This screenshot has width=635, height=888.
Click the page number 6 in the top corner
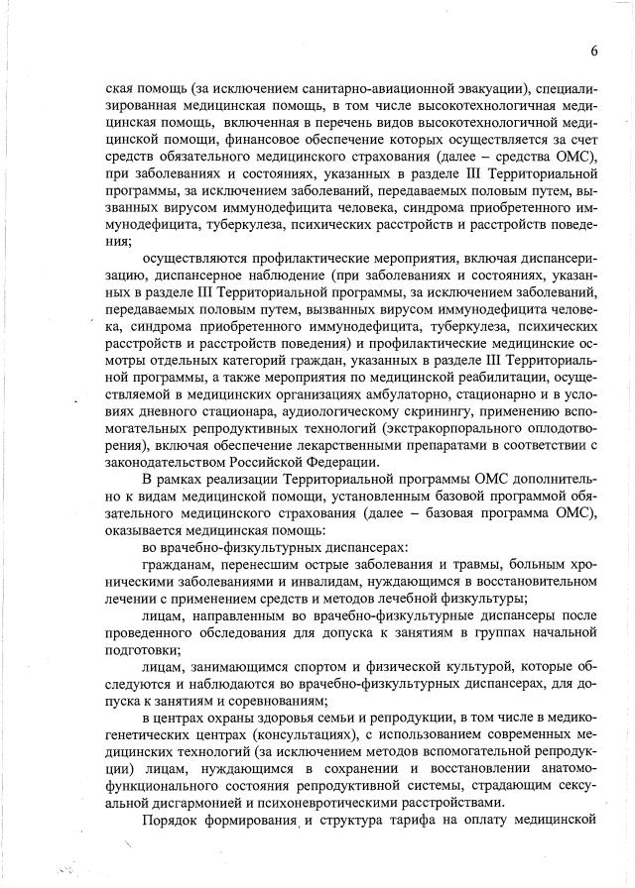(x=593, y=51)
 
